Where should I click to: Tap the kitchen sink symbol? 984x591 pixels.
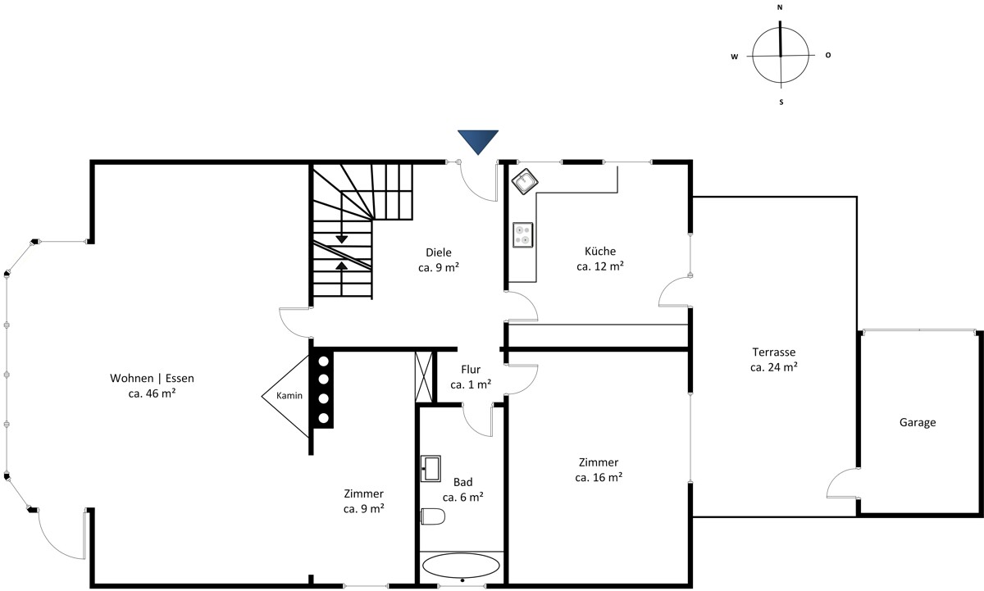525,181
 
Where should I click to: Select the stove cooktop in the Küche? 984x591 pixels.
523,235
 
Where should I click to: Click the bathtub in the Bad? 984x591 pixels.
461,566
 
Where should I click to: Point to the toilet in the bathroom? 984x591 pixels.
433,516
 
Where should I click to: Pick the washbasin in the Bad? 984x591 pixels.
430,469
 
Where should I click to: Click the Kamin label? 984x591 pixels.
289,396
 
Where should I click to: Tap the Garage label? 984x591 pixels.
918,422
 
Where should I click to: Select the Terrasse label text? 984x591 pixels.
774,352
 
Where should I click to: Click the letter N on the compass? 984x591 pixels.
780,7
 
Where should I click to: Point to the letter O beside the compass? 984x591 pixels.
828,55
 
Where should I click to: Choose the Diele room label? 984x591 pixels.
439,252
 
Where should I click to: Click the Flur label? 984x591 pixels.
471,369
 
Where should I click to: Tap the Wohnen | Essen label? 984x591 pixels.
152,378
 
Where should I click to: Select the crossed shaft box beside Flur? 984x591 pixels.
424,377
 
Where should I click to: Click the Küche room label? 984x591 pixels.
600,251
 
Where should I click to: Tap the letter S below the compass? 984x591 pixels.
781,102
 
